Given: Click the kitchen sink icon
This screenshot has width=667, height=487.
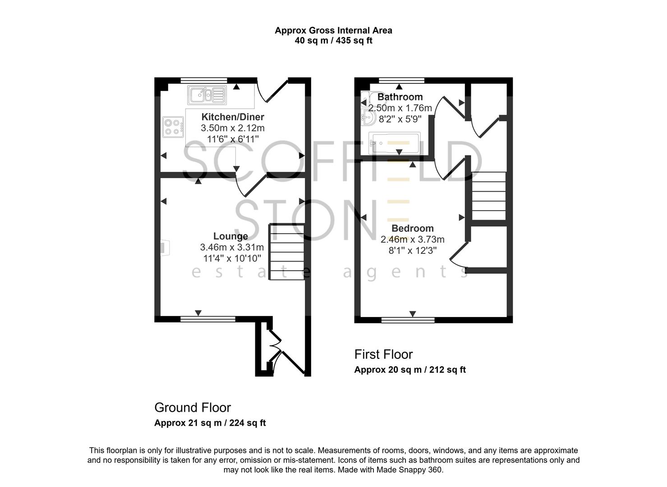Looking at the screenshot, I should (207, 95).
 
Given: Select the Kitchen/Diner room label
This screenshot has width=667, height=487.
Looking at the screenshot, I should (233, 117).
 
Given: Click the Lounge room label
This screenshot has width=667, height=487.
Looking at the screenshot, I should (230, 236).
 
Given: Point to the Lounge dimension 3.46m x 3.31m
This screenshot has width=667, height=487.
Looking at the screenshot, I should (232, 247).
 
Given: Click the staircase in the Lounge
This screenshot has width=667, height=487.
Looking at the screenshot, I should (286, 252).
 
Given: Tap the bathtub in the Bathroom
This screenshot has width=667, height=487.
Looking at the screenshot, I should (395, 143).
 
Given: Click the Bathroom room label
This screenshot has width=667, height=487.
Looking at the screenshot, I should (400, 97).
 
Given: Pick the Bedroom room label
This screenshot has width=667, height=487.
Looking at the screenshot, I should (412, 228).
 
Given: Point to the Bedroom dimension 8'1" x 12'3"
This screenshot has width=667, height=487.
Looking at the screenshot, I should (412, 250).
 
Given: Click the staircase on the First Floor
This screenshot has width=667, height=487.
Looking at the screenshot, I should (488, 196).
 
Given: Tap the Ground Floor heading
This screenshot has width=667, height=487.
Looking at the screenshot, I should (193, 408).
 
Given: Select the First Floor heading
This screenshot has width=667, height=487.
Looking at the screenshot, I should (383, 354).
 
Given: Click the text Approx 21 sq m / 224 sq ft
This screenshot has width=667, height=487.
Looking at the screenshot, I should (210, 423).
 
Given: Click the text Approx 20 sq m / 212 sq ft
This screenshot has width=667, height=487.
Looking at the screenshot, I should (410, 370).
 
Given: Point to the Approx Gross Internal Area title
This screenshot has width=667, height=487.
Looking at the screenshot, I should (333, 31).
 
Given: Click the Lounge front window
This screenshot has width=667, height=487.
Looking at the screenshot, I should (208, 319).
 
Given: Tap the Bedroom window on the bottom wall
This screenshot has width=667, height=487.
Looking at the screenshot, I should (408, 320).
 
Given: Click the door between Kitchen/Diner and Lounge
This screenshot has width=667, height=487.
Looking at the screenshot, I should (251, 185).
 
